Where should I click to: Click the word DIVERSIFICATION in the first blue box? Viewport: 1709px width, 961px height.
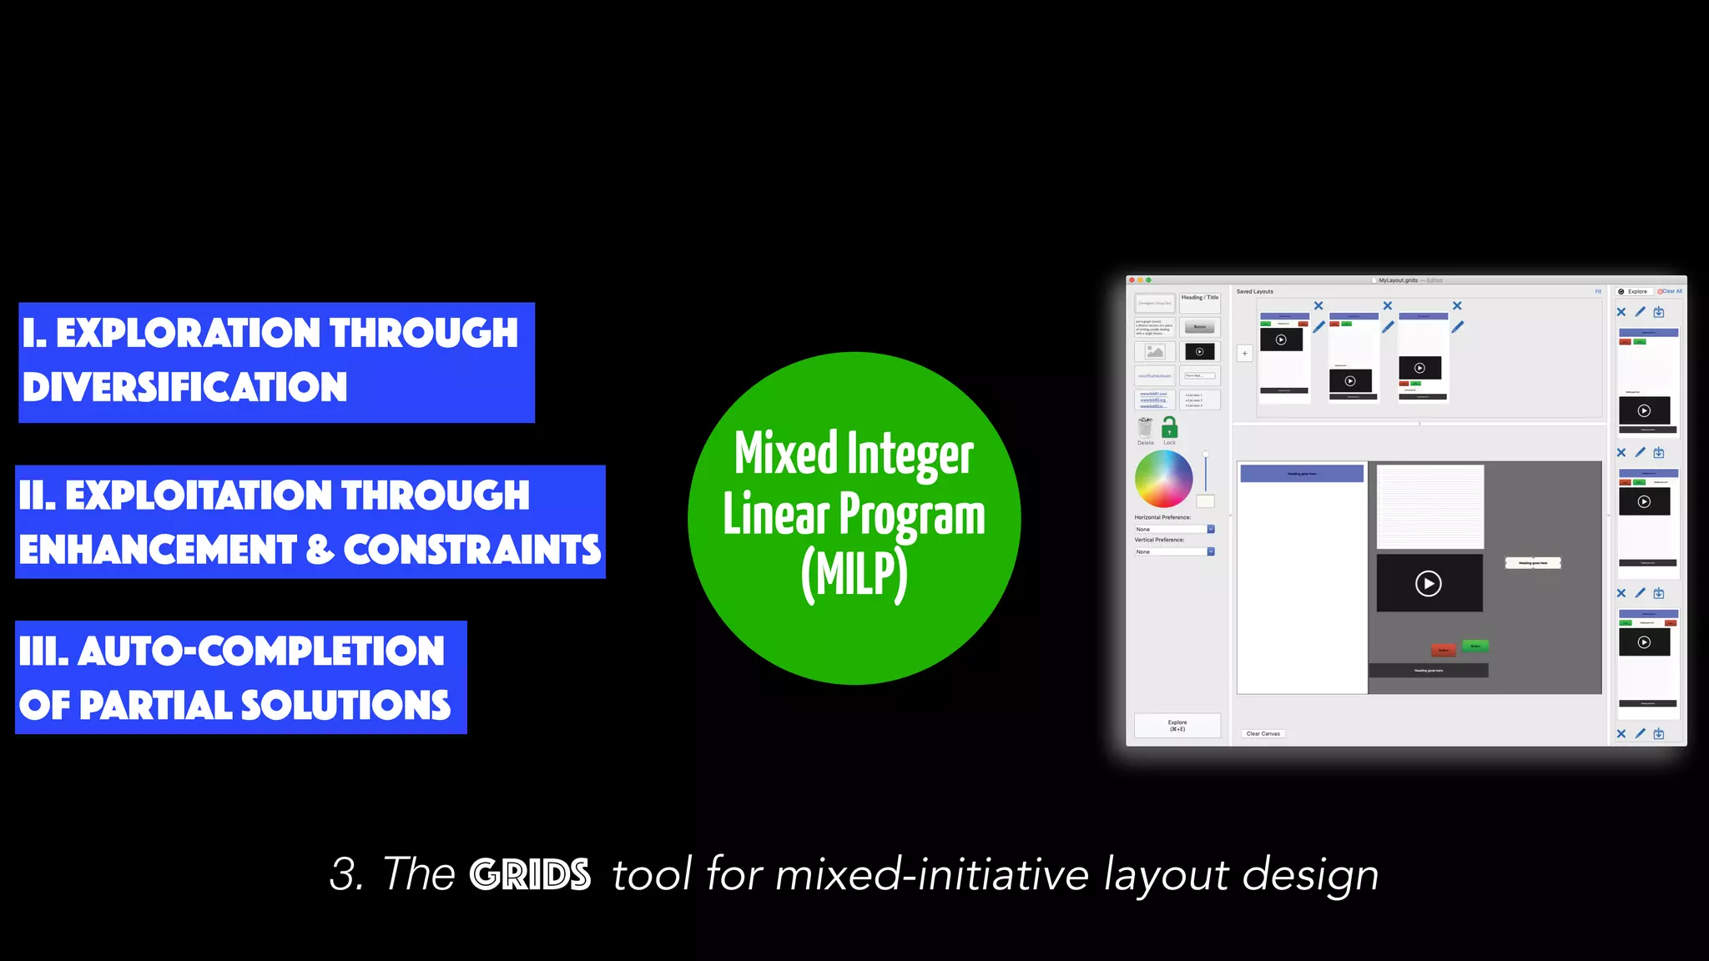click(x=184, y=387)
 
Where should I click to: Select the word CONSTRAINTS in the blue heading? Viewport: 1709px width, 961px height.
click(x=471, y=550)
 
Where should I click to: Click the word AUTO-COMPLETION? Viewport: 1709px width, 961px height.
click(x=261, y=652)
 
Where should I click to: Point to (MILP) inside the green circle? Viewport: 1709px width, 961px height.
click(x=854, y=575)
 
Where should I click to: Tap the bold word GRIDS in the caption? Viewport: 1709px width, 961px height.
click(x=530, y=874)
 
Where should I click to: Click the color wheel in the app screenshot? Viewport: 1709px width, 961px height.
click(x=1163, y=479)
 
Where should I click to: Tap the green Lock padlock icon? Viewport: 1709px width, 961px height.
click(x=1170, y=428)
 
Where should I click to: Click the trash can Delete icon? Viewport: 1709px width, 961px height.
click(x=1146, y=428)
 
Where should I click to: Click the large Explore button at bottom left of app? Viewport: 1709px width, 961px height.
click(x=1177, y=725)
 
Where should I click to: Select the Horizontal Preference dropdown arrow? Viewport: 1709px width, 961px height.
click(x=1211, y=529)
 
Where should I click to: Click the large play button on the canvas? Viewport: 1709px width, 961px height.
click(x=1429, y=583)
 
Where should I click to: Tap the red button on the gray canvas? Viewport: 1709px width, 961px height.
click(x=1443, y=650)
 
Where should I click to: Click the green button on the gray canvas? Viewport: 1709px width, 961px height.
click(x=1475, y=646)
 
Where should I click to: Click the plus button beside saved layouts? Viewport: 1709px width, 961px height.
click(x=1244, y=353)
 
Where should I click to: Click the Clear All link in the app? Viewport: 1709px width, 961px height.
click(x=1671, y=291)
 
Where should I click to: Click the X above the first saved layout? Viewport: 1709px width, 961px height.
click(x=1318, y=306)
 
